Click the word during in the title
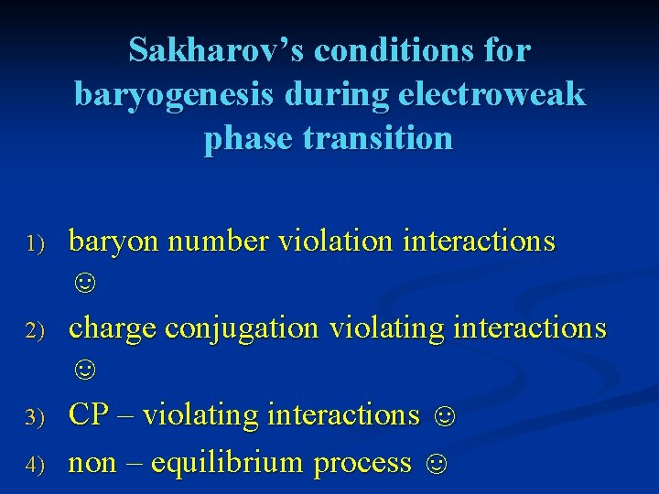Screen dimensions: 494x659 pyautogui.click(x=311, y=94)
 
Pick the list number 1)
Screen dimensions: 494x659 pyautogui.click(x=35, y=243)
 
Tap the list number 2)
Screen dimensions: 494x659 pyautogui.click(x=35, y=330)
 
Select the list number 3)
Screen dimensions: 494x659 pyautogui.click(x=35, y=417)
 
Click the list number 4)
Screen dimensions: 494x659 pyautogui.click(x=35, y=465)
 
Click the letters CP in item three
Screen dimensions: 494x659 pyautogui.click(x=89, y=414)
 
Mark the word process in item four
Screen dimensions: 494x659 pyautogui.click(x=362, y=463)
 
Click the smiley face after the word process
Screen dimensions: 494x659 pyautogui.click(x=438, y=464)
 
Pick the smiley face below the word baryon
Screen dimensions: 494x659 pyautogui.click(x=83, y=284)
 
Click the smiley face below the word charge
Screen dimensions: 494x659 pyautogui.click(x=83, y=370)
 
